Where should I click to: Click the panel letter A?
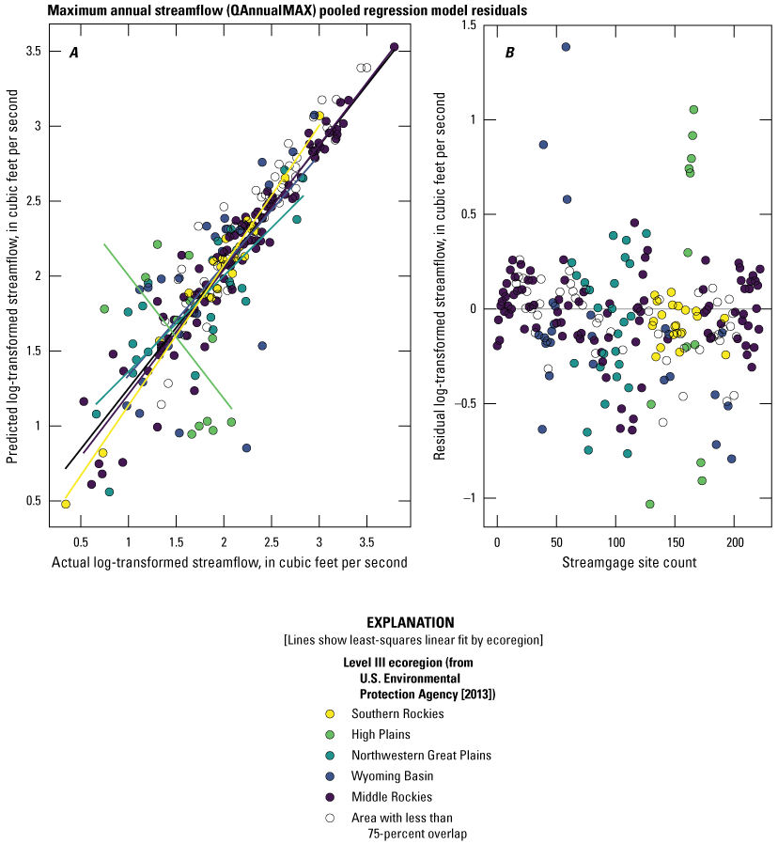(73, 53)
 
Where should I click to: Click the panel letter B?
(509, 53)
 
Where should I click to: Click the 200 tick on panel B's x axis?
(734, 542)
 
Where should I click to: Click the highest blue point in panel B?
(566, 46)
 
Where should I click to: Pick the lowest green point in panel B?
(649, 504)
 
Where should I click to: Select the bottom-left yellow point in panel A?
(66, 504)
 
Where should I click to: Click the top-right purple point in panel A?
(394, 47)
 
